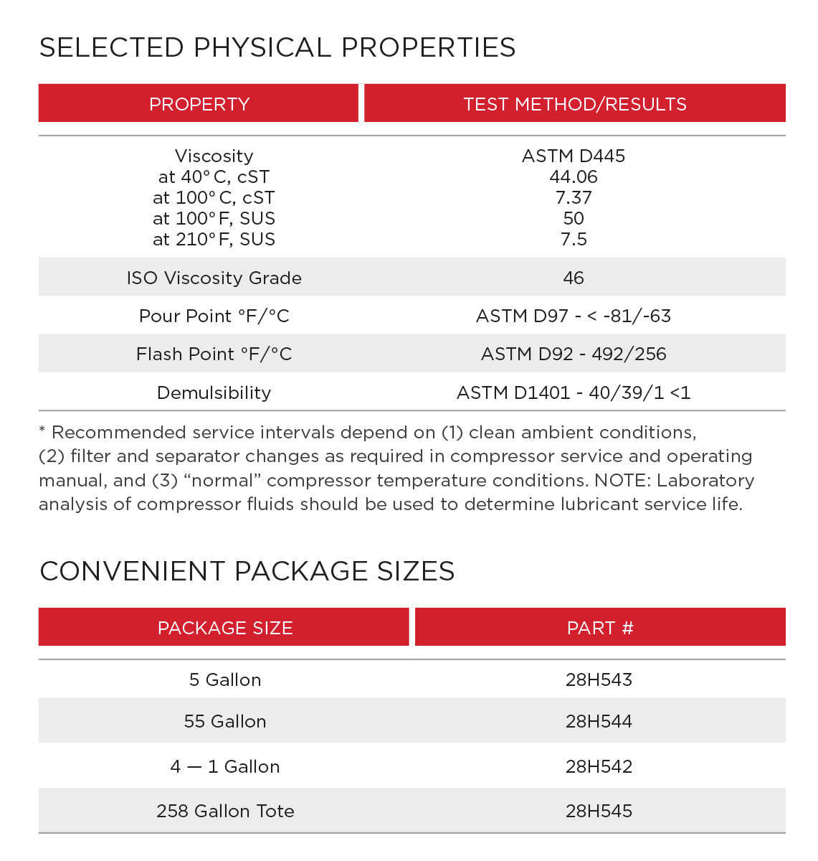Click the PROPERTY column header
199,104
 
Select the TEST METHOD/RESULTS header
574,104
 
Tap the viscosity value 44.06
574,177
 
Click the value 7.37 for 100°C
574,197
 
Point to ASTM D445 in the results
574,156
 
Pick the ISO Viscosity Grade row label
214,278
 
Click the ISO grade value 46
574,278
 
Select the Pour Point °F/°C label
214,316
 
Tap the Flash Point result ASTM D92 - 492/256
574,354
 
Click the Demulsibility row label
214,392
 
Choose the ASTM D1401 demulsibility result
574,392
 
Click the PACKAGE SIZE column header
225,628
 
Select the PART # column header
600,628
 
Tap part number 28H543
599,679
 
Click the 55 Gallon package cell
225,721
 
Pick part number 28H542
599,766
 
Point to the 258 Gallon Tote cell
225,811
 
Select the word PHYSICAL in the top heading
262,47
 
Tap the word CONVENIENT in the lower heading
133,571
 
